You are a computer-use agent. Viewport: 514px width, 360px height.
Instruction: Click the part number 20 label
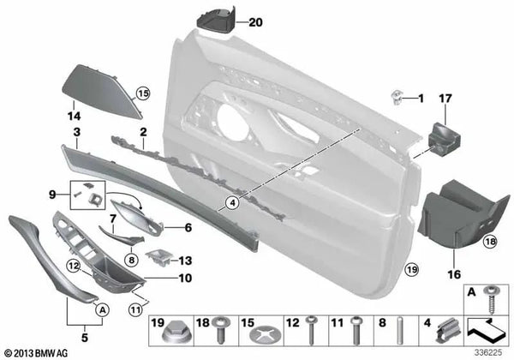[254, 23]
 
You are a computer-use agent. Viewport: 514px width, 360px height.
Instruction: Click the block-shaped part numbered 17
[445, 136]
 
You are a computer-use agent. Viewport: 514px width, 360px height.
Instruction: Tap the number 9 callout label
[52, 193]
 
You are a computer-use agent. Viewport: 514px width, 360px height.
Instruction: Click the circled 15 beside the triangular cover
[142, 92]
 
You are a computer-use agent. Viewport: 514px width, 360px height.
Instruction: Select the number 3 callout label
[76, 132]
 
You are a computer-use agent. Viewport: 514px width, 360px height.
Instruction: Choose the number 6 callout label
[188, 228]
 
